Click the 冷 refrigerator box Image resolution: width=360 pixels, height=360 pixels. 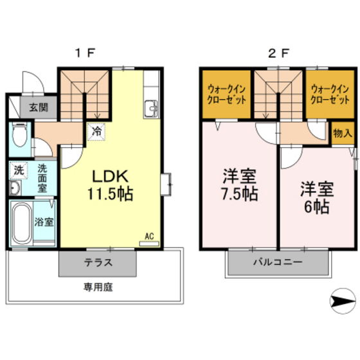tap(96, 130)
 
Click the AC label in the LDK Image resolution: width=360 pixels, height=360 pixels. tap(148, 235)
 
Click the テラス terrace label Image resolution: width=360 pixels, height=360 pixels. tap(98, 262)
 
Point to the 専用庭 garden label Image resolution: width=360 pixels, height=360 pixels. tap(98, 287)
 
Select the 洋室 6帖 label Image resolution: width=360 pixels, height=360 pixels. tap(315, 198)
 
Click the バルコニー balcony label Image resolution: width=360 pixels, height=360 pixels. tap(277, 262)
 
